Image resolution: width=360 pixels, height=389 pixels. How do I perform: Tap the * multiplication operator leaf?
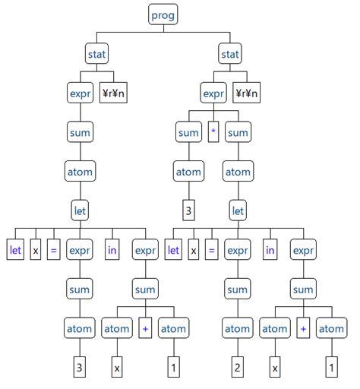[x=214, y=133]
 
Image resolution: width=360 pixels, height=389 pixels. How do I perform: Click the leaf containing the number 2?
[x=237, y=368]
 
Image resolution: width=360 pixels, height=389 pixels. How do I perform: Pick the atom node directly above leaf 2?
[x=237, y=328]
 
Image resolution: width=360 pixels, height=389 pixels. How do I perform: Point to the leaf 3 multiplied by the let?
[x=188, y=211]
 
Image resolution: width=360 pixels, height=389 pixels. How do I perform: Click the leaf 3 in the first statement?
[x=79, y=368]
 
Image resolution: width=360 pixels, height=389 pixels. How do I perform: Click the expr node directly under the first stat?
[x=79, y=93]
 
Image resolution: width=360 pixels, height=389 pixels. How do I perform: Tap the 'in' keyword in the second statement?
[x=270, y=250]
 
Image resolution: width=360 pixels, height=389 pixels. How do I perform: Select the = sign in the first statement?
[x=53, y=250]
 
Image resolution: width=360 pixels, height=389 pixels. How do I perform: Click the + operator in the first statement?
[x=145, y=328]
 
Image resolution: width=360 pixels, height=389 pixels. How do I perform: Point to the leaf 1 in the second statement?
[x=330, y=368]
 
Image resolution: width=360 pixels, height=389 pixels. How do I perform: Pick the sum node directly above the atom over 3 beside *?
[x=188, y=133]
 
